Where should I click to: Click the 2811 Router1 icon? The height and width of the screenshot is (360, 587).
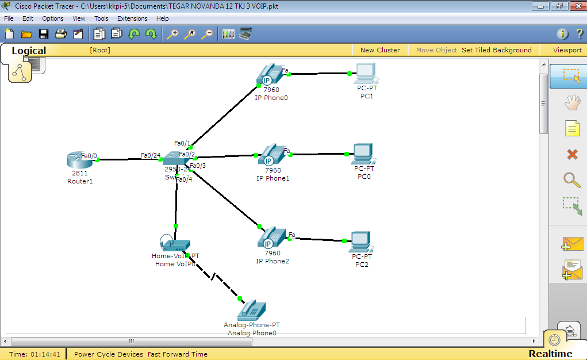point(79,160)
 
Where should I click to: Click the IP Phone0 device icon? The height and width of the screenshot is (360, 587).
point(270,75)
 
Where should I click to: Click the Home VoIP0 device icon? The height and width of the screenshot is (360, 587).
point(174,244)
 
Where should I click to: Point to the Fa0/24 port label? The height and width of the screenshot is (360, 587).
point(151,155)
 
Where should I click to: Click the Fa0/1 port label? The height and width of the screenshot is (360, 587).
point(182,143)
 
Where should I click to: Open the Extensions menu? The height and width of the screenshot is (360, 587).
point(132,18)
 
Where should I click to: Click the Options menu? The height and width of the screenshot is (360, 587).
point(53,18)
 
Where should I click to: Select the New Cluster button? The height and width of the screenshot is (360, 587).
point(380,50)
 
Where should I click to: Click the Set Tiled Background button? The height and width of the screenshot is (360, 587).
point(497,50)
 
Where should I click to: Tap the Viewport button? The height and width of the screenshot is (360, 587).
point(567,50)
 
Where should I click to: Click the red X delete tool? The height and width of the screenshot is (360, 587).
point(572,154)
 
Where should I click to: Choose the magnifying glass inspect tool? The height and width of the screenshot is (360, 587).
point(572,180)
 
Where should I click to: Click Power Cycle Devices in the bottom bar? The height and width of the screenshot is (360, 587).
point(109,354)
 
